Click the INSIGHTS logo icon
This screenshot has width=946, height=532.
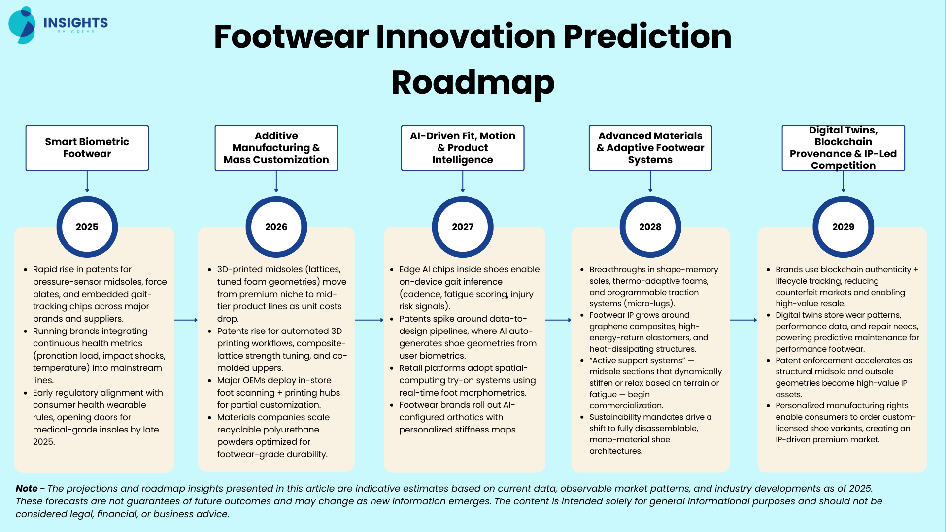pos(22,25)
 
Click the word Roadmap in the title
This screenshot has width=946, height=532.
pos(473,82)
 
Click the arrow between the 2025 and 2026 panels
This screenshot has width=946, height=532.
pos(186,320)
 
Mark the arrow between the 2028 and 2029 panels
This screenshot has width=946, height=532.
pos(743,320)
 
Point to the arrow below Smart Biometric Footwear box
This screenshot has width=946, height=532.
pos(87,182)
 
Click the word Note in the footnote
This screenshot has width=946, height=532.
pos(27,488)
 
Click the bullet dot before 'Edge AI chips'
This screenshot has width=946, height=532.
pos(392,270)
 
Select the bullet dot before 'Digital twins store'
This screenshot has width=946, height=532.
pos(768,315)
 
